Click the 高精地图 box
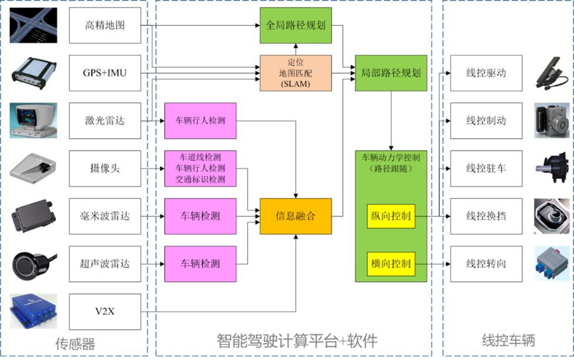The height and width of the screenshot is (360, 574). coord(105,25)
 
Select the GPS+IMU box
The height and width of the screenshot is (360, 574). coord(105,73)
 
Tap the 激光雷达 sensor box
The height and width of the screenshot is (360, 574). coord(105,121)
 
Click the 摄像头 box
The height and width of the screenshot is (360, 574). coord(105,168)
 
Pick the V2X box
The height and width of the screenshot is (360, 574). coord(105,312)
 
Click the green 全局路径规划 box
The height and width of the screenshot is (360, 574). coord(296,25)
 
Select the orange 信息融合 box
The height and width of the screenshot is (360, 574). coord(296,216)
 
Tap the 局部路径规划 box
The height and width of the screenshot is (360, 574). coord(391,73)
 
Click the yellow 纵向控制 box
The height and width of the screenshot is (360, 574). coord(391,216)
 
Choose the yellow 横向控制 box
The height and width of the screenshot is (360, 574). coord(391,264)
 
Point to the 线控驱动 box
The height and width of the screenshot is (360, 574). coord(486,73)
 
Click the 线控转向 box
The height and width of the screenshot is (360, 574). coord(486,264)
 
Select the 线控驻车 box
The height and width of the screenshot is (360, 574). coord(486,168)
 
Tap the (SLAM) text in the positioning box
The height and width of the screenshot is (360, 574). coord(295,84)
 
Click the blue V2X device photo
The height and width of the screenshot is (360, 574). coord(34,311)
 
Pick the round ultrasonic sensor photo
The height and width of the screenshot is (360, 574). coord(34,264)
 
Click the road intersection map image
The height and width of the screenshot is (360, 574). coord(34,25)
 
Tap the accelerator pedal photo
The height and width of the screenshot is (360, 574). coord(552,73)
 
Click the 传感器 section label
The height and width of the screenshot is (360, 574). coord(75,344)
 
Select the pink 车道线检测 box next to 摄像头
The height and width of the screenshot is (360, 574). coord(200,168)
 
